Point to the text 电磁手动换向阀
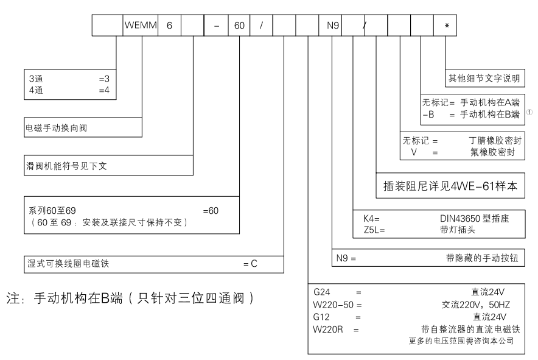point(52,129)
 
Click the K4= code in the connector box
point(368,217)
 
